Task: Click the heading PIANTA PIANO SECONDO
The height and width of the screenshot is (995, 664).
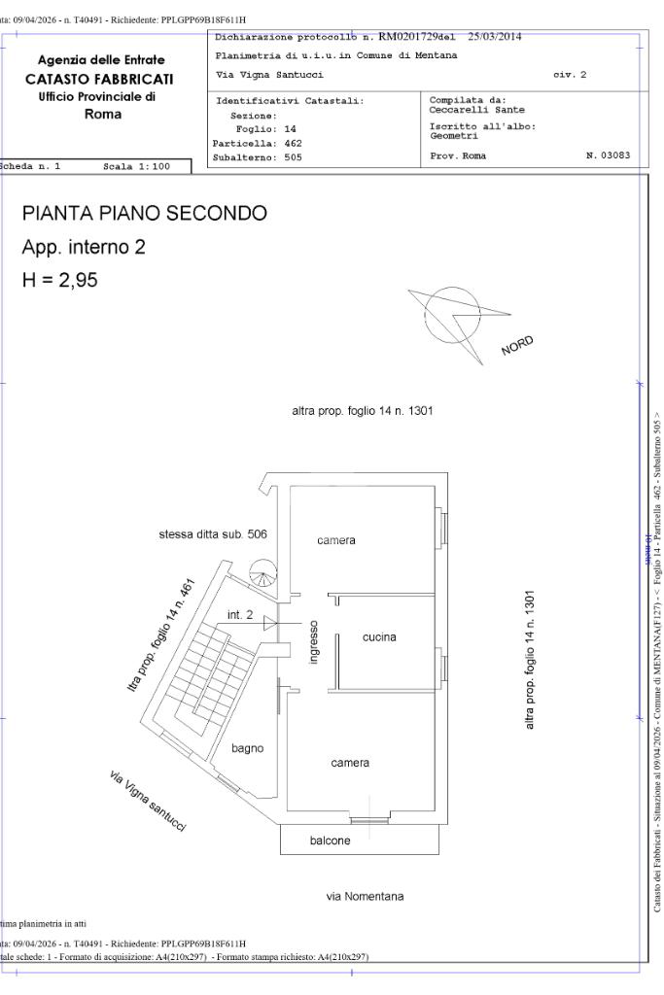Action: [144, 214]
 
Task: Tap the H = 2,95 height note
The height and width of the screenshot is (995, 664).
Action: [60, 282]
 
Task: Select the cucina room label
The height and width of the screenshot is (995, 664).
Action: [379, 637]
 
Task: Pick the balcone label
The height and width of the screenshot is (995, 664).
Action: [330, 841]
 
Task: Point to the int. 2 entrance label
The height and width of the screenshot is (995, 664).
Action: [240, 615]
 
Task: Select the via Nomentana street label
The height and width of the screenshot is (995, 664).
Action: [365, 896]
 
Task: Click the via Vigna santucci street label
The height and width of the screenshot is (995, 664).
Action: [148, 800]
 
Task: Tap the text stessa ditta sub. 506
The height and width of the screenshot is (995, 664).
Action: [213, 534]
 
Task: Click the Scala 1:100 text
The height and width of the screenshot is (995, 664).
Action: [136, 166]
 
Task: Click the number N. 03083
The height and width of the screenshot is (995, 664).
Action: [609, 155]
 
